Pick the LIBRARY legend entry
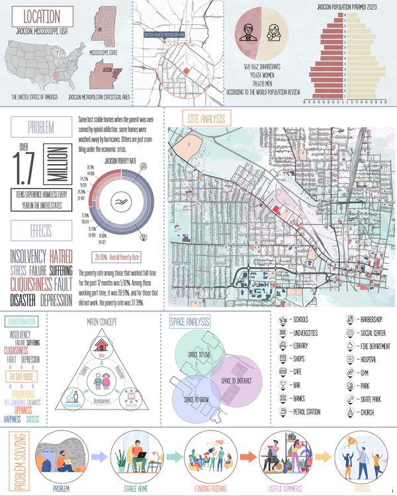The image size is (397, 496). pos(302,346)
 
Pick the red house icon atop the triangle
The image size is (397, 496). pos(102,345)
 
